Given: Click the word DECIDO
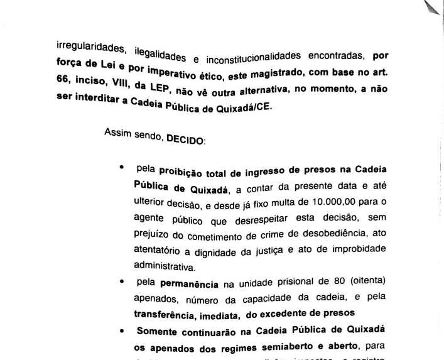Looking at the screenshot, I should [185, 141].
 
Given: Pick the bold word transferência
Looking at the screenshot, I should [167, 312].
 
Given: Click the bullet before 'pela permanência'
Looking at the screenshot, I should [121, 282].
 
